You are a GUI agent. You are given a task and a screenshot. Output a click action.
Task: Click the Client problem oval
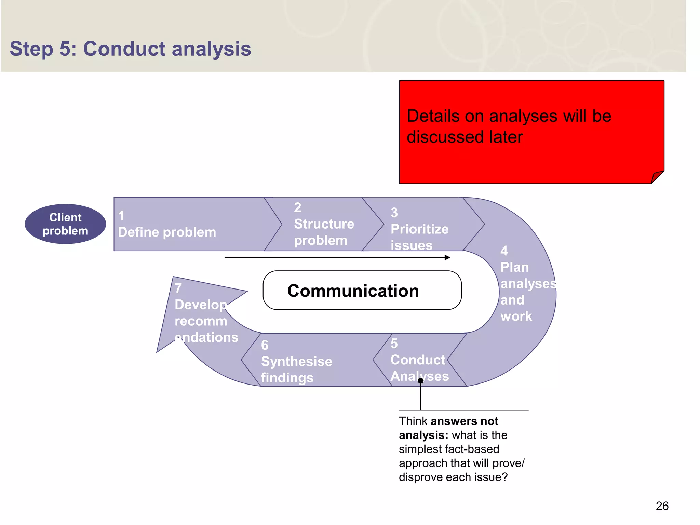(x=65, y=224)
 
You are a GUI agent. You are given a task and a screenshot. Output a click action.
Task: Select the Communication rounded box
(x=362, y=290)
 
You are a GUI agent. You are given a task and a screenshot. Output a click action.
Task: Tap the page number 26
(x=662, y=506)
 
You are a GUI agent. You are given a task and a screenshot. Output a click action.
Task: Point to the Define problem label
(x=167, y=232)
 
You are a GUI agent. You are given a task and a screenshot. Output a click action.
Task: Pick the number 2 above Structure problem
(x=297, y=207)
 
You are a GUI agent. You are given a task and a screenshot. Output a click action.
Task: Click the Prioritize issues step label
(x=419, y=237)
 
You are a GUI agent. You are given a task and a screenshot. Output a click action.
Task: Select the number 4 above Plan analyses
(x=504, y=251)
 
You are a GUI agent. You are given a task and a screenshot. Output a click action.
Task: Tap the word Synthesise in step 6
(x=296, y=361)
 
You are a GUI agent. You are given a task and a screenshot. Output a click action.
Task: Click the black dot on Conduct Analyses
(x=421, y=380)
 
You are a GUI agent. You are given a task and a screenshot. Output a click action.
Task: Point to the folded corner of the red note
(x=657, y=177)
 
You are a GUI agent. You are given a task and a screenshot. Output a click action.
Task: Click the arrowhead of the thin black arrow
(x=447, y=257)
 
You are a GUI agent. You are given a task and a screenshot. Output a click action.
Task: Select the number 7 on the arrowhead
(x=178, y=288)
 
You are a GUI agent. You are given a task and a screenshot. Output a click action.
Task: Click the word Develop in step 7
(x=201, y=305)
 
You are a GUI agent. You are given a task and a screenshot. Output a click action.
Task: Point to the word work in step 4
(x=516, y=316)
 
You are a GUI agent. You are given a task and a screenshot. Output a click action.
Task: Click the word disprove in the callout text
(x=421, y=477)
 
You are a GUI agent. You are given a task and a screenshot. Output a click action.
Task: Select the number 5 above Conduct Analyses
(x=394, y=344)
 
